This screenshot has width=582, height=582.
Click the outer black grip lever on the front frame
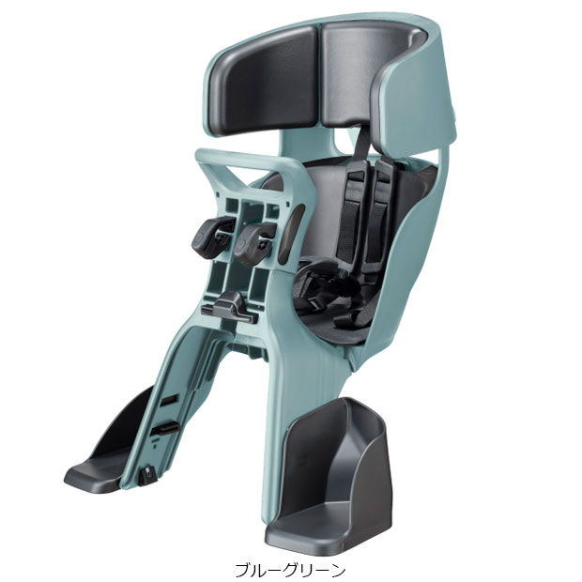coord(212,235)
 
